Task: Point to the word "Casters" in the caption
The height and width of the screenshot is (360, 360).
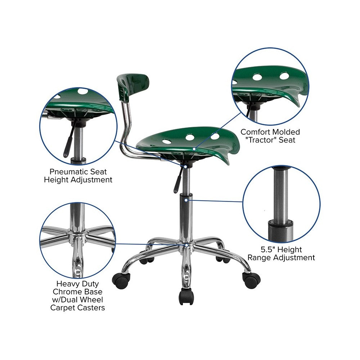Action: point(91,308)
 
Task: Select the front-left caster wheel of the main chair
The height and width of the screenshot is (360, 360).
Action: point(121,280)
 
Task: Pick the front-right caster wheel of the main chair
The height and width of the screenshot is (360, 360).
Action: point(252,280)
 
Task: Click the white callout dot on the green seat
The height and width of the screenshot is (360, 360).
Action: point(194,149)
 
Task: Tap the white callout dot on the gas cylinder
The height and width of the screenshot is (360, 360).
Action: point(186,200)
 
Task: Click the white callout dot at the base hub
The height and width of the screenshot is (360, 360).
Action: point(186,246)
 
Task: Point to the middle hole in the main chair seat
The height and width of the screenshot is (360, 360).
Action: point(190,137)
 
